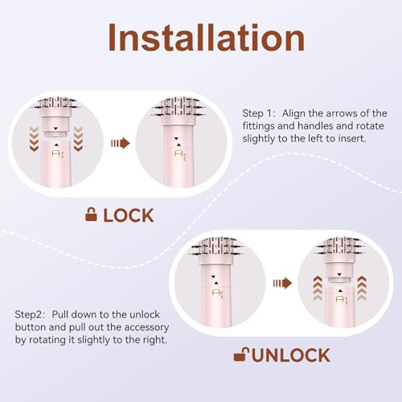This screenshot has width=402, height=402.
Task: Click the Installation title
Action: coord(206,37)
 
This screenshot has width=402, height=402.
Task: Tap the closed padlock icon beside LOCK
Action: coord(91,215)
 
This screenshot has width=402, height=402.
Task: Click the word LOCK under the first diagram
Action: coord(129,215)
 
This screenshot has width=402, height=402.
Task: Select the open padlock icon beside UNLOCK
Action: coord(241,355)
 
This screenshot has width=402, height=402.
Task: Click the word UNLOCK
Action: coord(291,355)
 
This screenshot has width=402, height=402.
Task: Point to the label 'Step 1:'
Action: coord(259,113)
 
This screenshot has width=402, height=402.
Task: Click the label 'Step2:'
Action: coord(30,314)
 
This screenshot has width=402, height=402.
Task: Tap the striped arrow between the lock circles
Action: coord(121,143)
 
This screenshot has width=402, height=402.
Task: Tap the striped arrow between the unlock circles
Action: coord(282,283)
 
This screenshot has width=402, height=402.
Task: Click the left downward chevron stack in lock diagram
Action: coord(34,139)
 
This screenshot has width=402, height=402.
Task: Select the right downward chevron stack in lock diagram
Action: coord(78,139)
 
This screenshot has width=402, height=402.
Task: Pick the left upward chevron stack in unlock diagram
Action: coord(318,288)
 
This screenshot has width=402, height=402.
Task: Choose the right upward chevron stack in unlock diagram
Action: coord(362,288)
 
